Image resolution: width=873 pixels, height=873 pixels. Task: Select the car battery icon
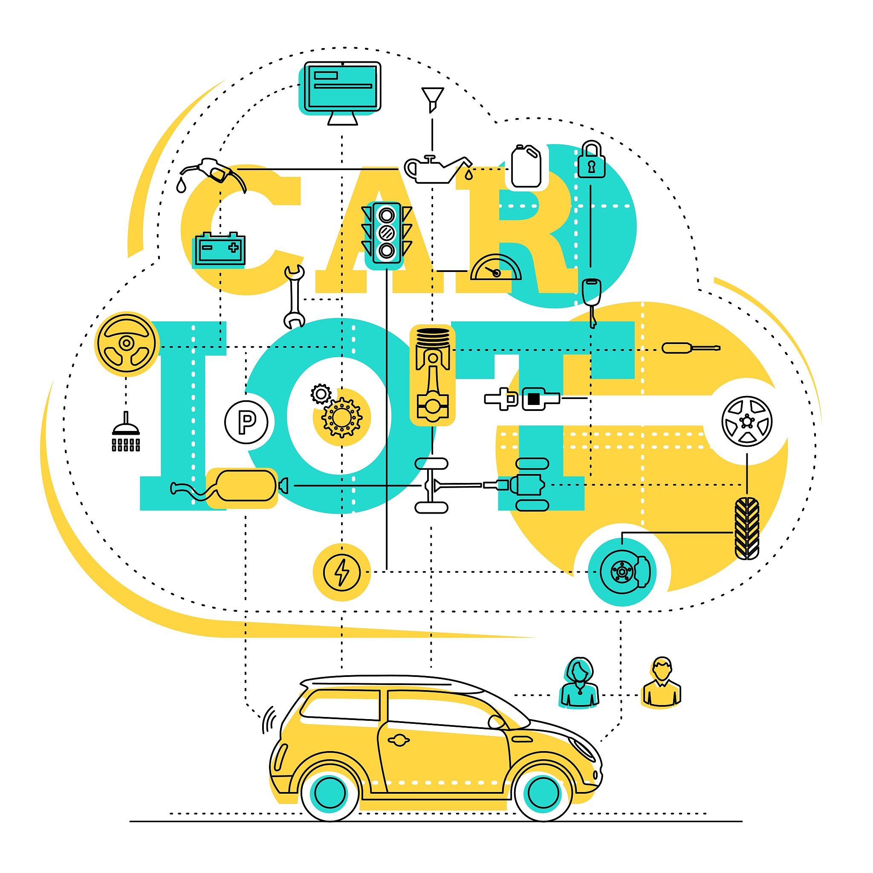point(219,248)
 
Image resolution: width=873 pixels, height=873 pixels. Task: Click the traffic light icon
point(386,233)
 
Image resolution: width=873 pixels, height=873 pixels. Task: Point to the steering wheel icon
point(127,344)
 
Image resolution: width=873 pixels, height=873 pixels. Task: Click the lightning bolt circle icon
point(342,572)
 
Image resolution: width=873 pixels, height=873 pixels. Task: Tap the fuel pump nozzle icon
point(212,172)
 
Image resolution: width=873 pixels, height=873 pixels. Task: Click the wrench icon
point(294,296)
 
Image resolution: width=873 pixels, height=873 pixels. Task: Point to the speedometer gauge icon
point(496,269)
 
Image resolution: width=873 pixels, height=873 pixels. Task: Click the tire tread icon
point(746,528)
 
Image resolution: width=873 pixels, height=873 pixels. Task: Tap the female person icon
point(580,683)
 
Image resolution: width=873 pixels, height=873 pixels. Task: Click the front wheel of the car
point(543,792)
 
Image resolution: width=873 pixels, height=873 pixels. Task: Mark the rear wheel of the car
point(330,792)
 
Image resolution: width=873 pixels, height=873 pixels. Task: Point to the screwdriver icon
point(691,348)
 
